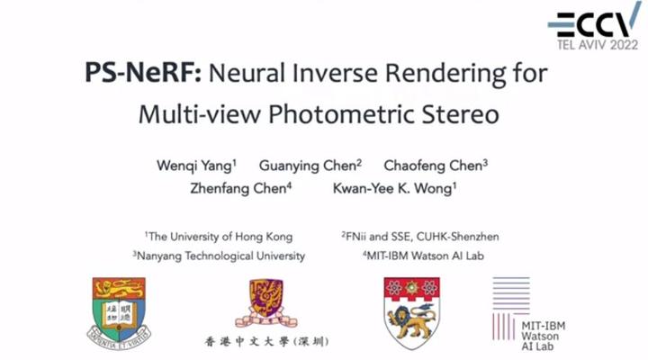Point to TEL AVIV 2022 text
[597, 42]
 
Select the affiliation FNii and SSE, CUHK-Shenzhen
[419, 237]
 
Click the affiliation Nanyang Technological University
[219, 256]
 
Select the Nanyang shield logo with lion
[412, 311]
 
